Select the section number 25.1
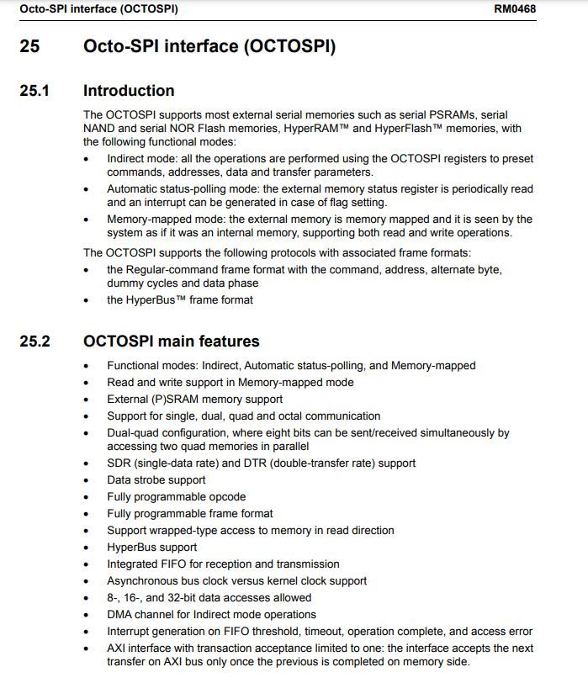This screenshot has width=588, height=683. coord(34,91)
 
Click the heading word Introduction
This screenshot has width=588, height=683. coord(129,91)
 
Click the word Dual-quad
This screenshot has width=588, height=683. coord(134,432)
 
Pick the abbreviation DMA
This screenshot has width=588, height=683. coord(121,614)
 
